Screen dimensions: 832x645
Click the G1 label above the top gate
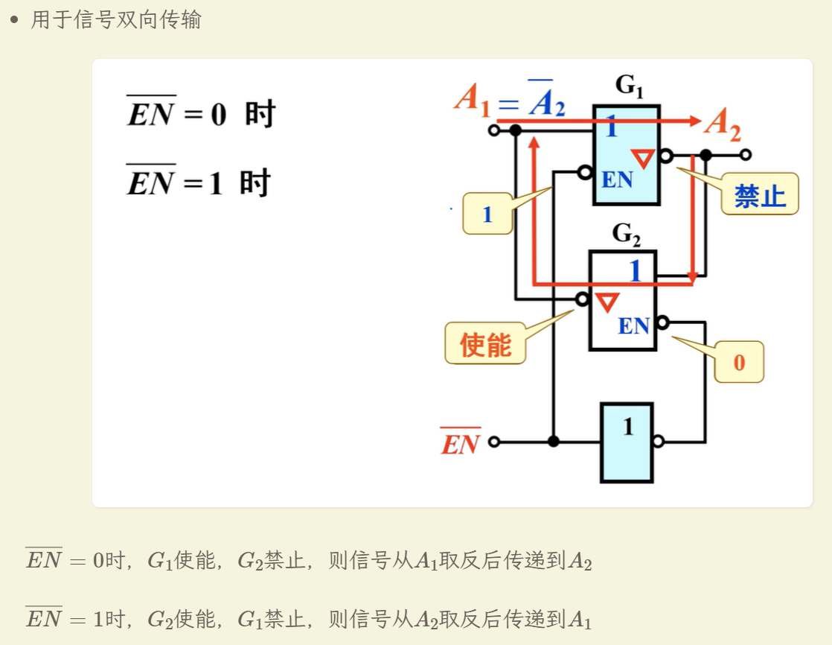(630, 86)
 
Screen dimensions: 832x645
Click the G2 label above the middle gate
(627, 234)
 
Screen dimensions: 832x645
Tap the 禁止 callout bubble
(759, 194)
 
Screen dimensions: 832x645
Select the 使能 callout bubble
(485, 343)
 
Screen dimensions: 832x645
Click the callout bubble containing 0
(739, 362)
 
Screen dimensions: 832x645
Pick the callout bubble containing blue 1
(487, 214)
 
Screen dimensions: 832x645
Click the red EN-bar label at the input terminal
(461, 442)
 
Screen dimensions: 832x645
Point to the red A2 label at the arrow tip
(723, 124)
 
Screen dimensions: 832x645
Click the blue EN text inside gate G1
(617, 179)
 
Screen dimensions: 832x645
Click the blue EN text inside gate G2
(633, 325)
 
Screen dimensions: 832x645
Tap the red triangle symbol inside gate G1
(642, 158)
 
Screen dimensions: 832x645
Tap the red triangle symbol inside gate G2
(607, 302)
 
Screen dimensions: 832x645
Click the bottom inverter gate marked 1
(627, 442)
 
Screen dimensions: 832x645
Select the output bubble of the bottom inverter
(659, 441)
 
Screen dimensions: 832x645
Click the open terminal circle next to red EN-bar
(493, 442)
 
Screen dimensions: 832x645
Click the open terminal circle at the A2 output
(746, 155)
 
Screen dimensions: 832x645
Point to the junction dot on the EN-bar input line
(554, 442)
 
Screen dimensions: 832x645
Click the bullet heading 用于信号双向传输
(115, 19)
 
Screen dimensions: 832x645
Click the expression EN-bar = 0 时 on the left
(201, 112)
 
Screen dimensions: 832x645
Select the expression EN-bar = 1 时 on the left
(199, 181)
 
